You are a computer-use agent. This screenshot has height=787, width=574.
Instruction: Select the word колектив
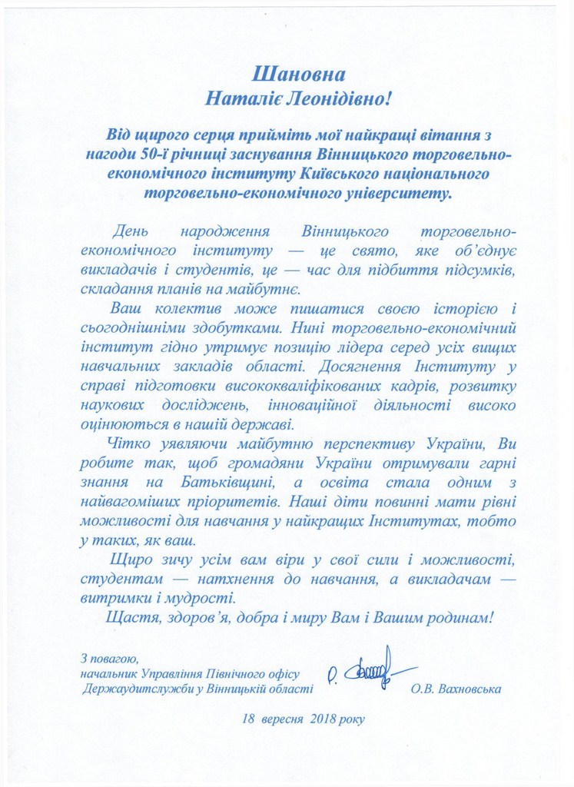[x=189, y=310]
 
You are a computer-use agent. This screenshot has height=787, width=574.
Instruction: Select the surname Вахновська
[x=469, y=689]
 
